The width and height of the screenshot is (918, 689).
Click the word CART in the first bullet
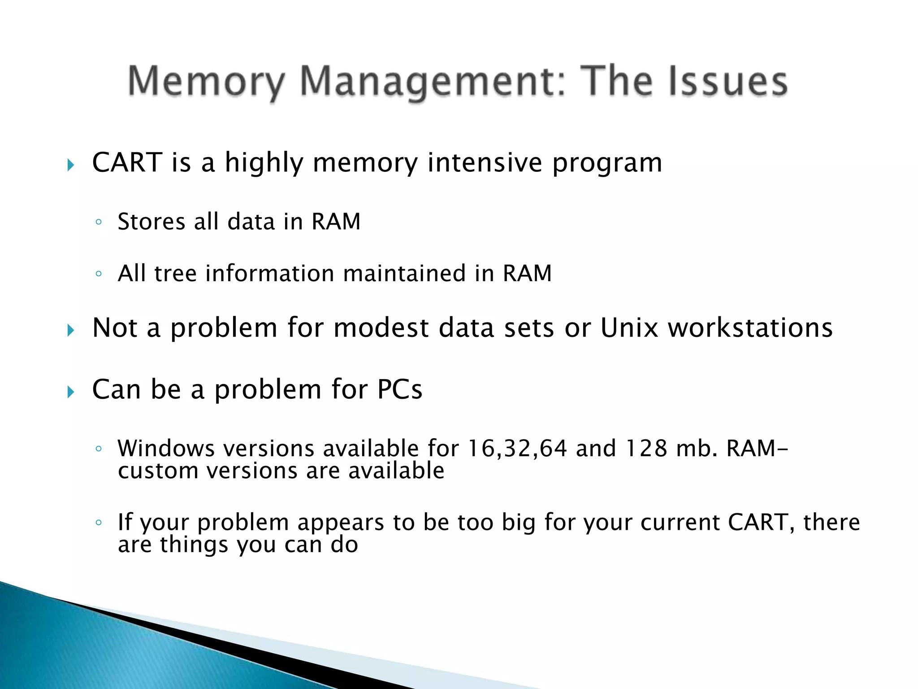[x=127, y=162]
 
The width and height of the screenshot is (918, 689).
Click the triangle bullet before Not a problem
[x=70, y=331]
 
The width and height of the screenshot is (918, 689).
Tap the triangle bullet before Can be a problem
[x=70, y=392]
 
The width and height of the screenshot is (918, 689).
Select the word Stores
[x=151, y=222]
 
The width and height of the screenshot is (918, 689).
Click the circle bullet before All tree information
[x=99, y=273]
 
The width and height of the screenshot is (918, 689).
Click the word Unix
[x=629, y=327]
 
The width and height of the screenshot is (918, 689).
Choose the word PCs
[x=399, y=389]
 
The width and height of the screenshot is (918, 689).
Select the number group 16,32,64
[x=517, y=448]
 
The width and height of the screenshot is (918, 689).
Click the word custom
[x=158, y=471]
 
